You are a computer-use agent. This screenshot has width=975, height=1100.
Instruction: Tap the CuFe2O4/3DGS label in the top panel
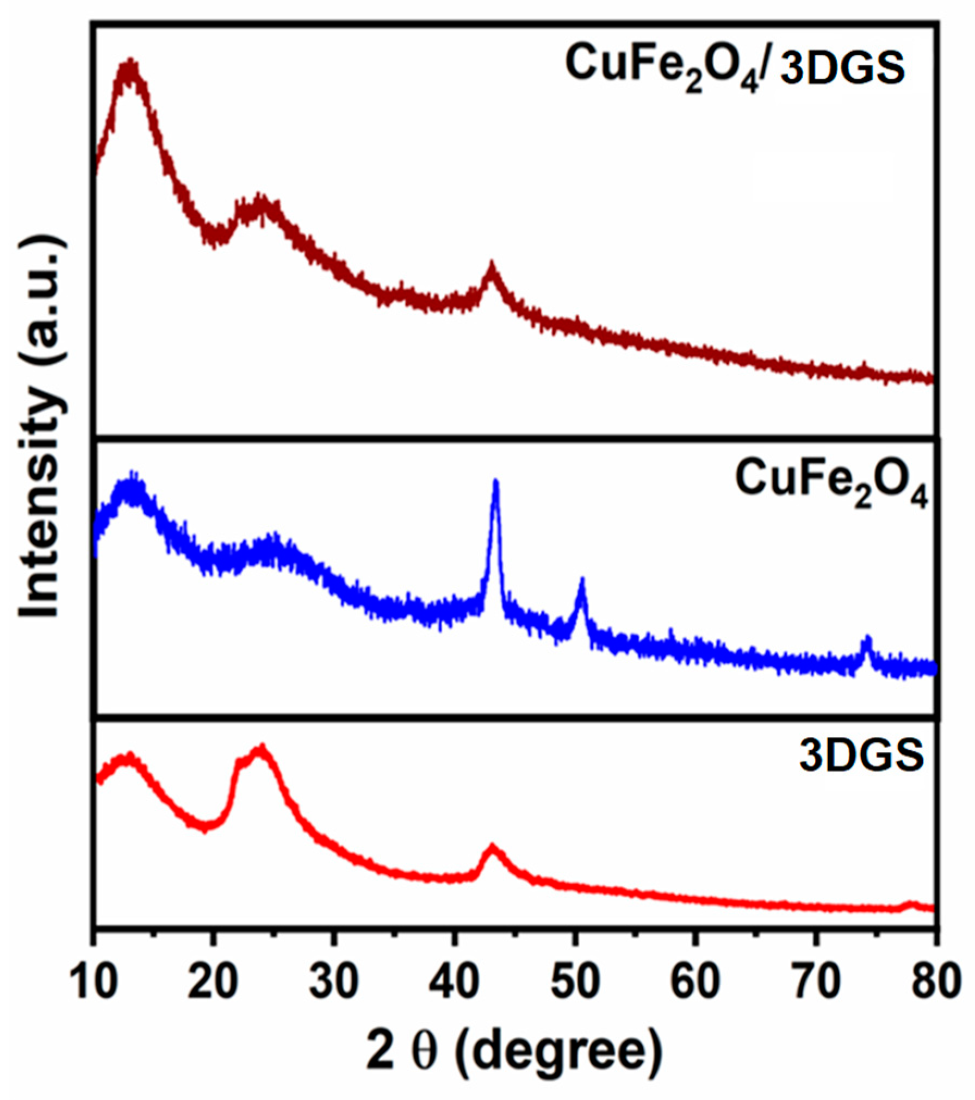(x=735, y=67)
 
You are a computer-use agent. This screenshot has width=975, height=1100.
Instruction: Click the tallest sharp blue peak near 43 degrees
(x=495, y=483)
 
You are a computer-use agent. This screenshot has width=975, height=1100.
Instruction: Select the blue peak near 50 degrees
(x=581, y=582)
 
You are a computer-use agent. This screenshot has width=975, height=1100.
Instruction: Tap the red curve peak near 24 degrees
(x=262, y=750)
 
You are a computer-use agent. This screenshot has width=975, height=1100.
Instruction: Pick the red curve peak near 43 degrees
(x=492, y=849)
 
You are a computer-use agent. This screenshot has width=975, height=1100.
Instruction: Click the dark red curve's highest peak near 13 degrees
(x=129, y=64)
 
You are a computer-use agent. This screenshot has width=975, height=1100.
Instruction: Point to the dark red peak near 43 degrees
(x=492, y=266)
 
